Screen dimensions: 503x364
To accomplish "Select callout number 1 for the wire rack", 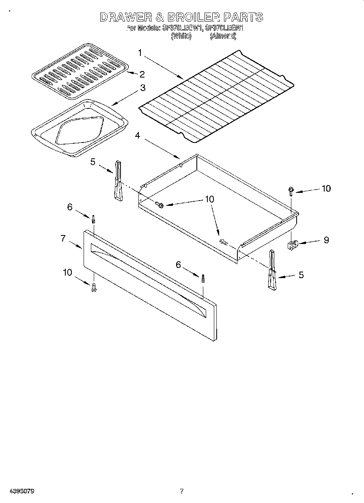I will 140,53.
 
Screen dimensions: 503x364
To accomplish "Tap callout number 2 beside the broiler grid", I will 142,74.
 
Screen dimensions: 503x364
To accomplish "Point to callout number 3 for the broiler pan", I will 143,88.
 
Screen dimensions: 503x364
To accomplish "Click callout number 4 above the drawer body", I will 138,136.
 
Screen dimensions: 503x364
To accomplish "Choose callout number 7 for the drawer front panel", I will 63,239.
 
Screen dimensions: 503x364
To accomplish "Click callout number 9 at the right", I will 326,240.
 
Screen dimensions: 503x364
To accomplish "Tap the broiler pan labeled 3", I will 79,128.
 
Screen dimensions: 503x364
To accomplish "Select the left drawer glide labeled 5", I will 118,180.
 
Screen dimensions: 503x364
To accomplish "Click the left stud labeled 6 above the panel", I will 93,219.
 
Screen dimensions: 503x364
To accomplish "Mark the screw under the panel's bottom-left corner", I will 94,287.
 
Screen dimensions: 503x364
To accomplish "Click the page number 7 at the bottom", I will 182,491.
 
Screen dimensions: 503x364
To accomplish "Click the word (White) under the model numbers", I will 181,36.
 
